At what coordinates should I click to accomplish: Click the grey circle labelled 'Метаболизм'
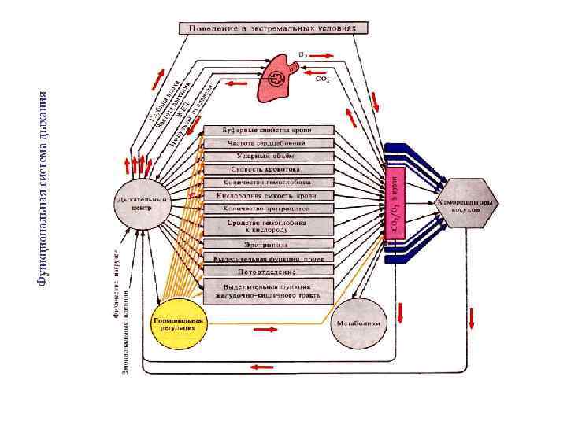(x=360, y=323)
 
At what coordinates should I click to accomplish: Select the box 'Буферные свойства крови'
(x=269, y=129)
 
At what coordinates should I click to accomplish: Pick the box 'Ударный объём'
(x=269, y=157)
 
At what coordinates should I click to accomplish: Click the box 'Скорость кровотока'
(x=269, y=169)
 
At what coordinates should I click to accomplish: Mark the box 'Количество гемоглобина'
(x=269, y=182)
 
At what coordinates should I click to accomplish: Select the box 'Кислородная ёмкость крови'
(x=269, y=195)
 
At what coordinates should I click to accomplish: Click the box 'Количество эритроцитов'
(x=269, y=209)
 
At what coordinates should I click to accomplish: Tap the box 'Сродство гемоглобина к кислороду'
(x=269, y=226)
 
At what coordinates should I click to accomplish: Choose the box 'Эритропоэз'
(x=269, y=244)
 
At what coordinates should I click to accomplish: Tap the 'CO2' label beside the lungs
(x=322, y=79)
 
